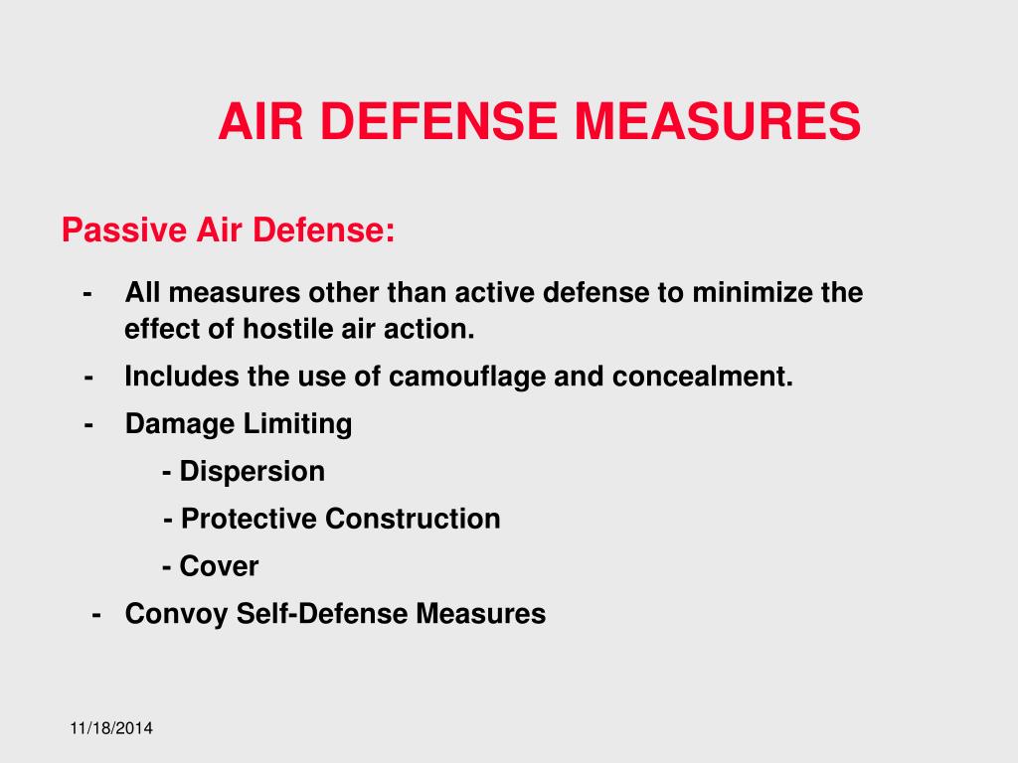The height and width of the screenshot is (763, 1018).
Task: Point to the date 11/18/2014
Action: click(x=111, y=730)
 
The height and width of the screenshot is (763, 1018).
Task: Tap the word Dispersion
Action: click(x=253, y=471)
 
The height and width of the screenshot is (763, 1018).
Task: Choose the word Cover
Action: click(x=219, y=566)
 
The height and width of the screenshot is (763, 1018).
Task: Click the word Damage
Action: click(x=181, y=425)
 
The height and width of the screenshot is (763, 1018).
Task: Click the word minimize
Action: click(x=751, y=293)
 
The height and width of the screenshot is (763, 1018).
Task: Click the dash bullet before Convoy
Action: click(x=95, y=614)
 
